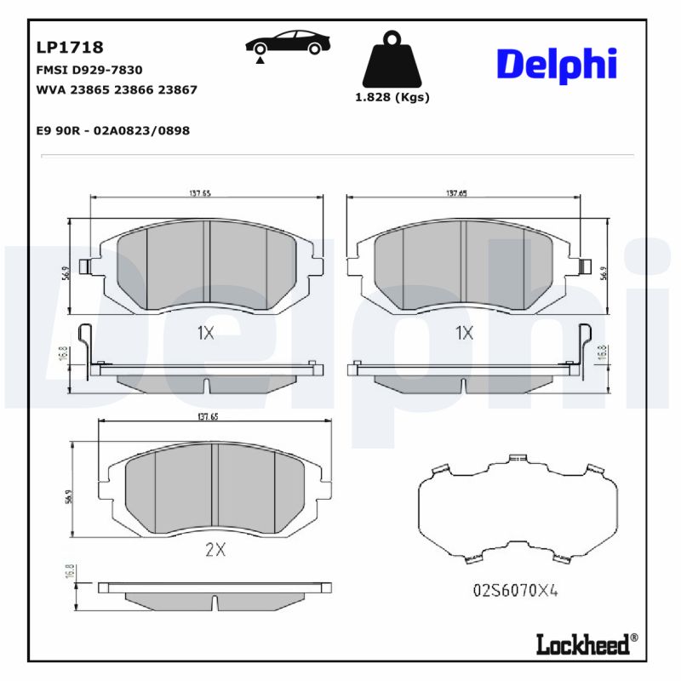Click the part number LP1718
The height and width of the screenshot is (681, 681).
(x=70, y=48)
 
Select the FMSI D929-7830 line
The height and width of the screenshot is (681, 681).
(x=89, y=70)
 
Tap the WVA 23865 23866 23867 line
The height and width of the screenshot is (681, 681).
(x=117, y=89)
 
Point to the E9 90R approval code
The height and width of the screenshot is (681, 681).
(x=112, y=130)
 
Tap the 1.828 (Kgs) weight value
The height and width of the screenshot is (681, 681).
(x=392, y=97)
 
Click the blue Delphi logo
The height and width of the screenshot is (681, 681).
(x=556, y=65)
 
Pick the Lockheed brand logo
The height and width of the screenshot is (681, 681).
(x=584, y=644)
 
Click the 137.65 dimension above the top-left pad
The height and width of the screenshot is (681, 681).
(x=200, y=193)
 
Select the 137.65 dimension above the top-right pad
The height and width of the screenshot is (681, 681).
(x=456, y=193)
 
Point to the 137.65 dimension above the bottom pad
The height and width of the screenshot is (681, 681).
(x=209, y=417)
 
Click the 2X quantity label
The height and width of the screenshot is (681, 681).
(x=215, y=550)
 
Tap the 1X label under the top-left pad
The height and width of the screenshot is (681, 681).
(x=205, y=333)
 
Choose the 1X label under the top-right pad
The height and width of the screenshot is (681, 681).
(x=464, y=333)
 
